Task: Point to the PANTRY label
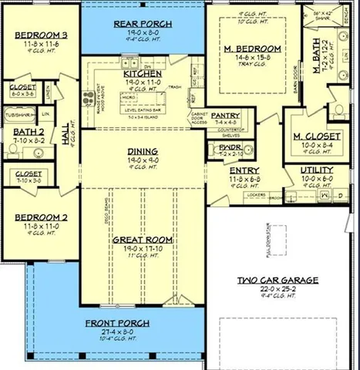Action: (x=226, y=114)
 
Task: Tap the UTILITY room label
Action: (x=317, y=170)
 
